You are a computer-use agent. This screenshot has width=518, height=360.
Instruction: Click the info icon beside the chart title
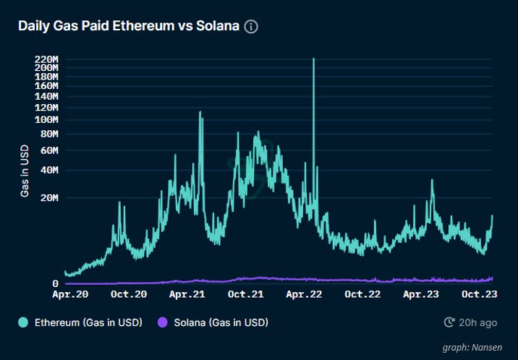251,27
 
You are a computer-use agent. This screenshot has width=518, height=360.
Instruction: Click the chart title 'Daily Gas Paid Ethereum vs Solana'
128,27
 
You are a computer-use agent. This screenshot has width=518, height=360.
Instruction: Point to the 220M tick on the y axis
46,59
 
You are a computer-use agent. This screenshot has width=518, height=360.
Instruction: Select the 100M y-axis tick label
46,119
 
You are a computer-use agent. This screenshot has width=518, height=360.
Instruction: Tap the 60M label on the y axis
49,150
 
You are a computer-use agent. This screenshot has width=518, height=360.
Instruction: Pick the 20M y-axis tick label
49,197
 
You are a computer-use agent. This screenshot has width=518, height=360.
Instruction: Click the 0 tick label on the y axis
55,283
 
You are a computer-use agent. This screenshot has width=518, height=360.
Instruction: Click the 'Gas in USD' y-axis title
25,171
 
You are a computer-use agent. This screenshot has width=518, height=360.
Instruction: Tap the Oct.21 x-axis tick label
246,295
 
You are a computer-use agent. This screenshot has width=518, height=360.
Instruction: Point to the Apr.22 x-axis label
304,295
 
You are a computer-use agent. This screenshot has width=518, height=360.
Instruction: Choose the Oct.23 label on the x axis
479,295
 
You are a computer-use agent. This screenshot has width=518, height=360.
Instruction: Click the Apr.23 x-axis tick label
421,295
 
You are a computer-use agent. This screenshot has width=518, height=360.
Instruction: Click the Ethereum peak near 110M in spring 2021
200,113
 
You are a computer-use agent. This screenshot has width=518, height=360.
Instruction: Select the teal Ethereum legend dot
24,322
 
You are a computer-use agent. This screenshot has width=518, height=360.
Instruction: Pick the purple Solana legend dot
163,322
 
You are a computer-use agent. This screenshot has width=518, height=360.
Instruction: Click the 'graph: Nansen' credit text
472,348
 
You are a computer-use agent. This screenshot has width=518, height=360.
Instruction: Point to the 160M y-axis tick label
46,85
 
